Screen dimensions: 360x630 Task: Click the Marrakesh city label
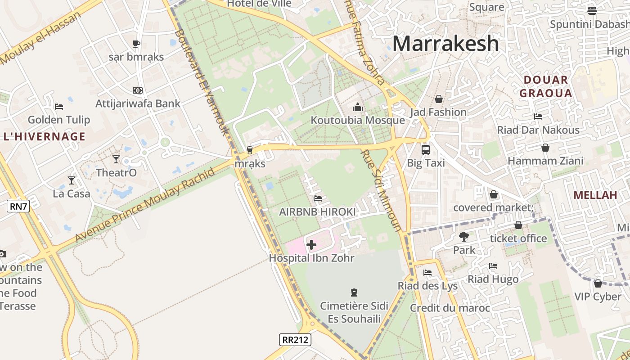[445, 44]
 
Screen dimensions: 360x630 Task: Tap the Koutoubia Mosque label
[358, 120]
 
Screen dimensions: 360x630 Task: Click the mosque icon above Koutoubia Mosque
[358, 107]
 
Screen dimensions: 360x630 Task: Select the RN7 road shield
[18, 207]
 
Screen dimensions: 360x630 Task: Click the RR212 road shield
[295, 339]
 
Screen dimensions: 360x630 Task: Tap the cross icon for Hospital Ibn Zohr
[311, 245]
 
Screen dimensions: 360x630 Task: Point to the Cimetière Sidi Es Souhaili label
[354, 312]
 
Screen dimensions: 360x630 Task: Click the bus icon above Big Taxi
[425, 150]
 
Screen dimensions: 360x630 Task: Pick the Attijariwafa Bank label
[138, 103]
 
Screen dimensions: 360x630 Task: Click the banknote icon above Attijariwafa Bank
[138, 90]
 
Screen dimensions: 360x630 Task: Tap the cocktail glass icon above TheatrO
[116, 159]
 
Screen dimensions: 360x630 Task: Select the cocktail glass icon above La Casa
[72, 180]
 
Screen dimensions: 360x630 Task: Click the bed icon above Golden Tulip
[59, 107]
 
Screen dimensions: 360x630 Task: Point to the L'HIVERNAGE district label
[44, 136]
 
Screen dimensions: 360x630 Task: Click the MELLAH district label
[595, 195]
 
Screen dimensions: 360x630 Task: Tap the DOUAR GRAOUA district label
[545, 86]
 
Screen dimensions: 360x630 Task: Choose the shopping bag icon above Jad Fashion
[438, 99]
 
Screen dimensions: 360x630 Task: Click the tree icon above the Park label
[464, 236]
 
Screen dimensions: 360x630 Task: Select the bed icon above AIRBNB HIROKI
[317, 198]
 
